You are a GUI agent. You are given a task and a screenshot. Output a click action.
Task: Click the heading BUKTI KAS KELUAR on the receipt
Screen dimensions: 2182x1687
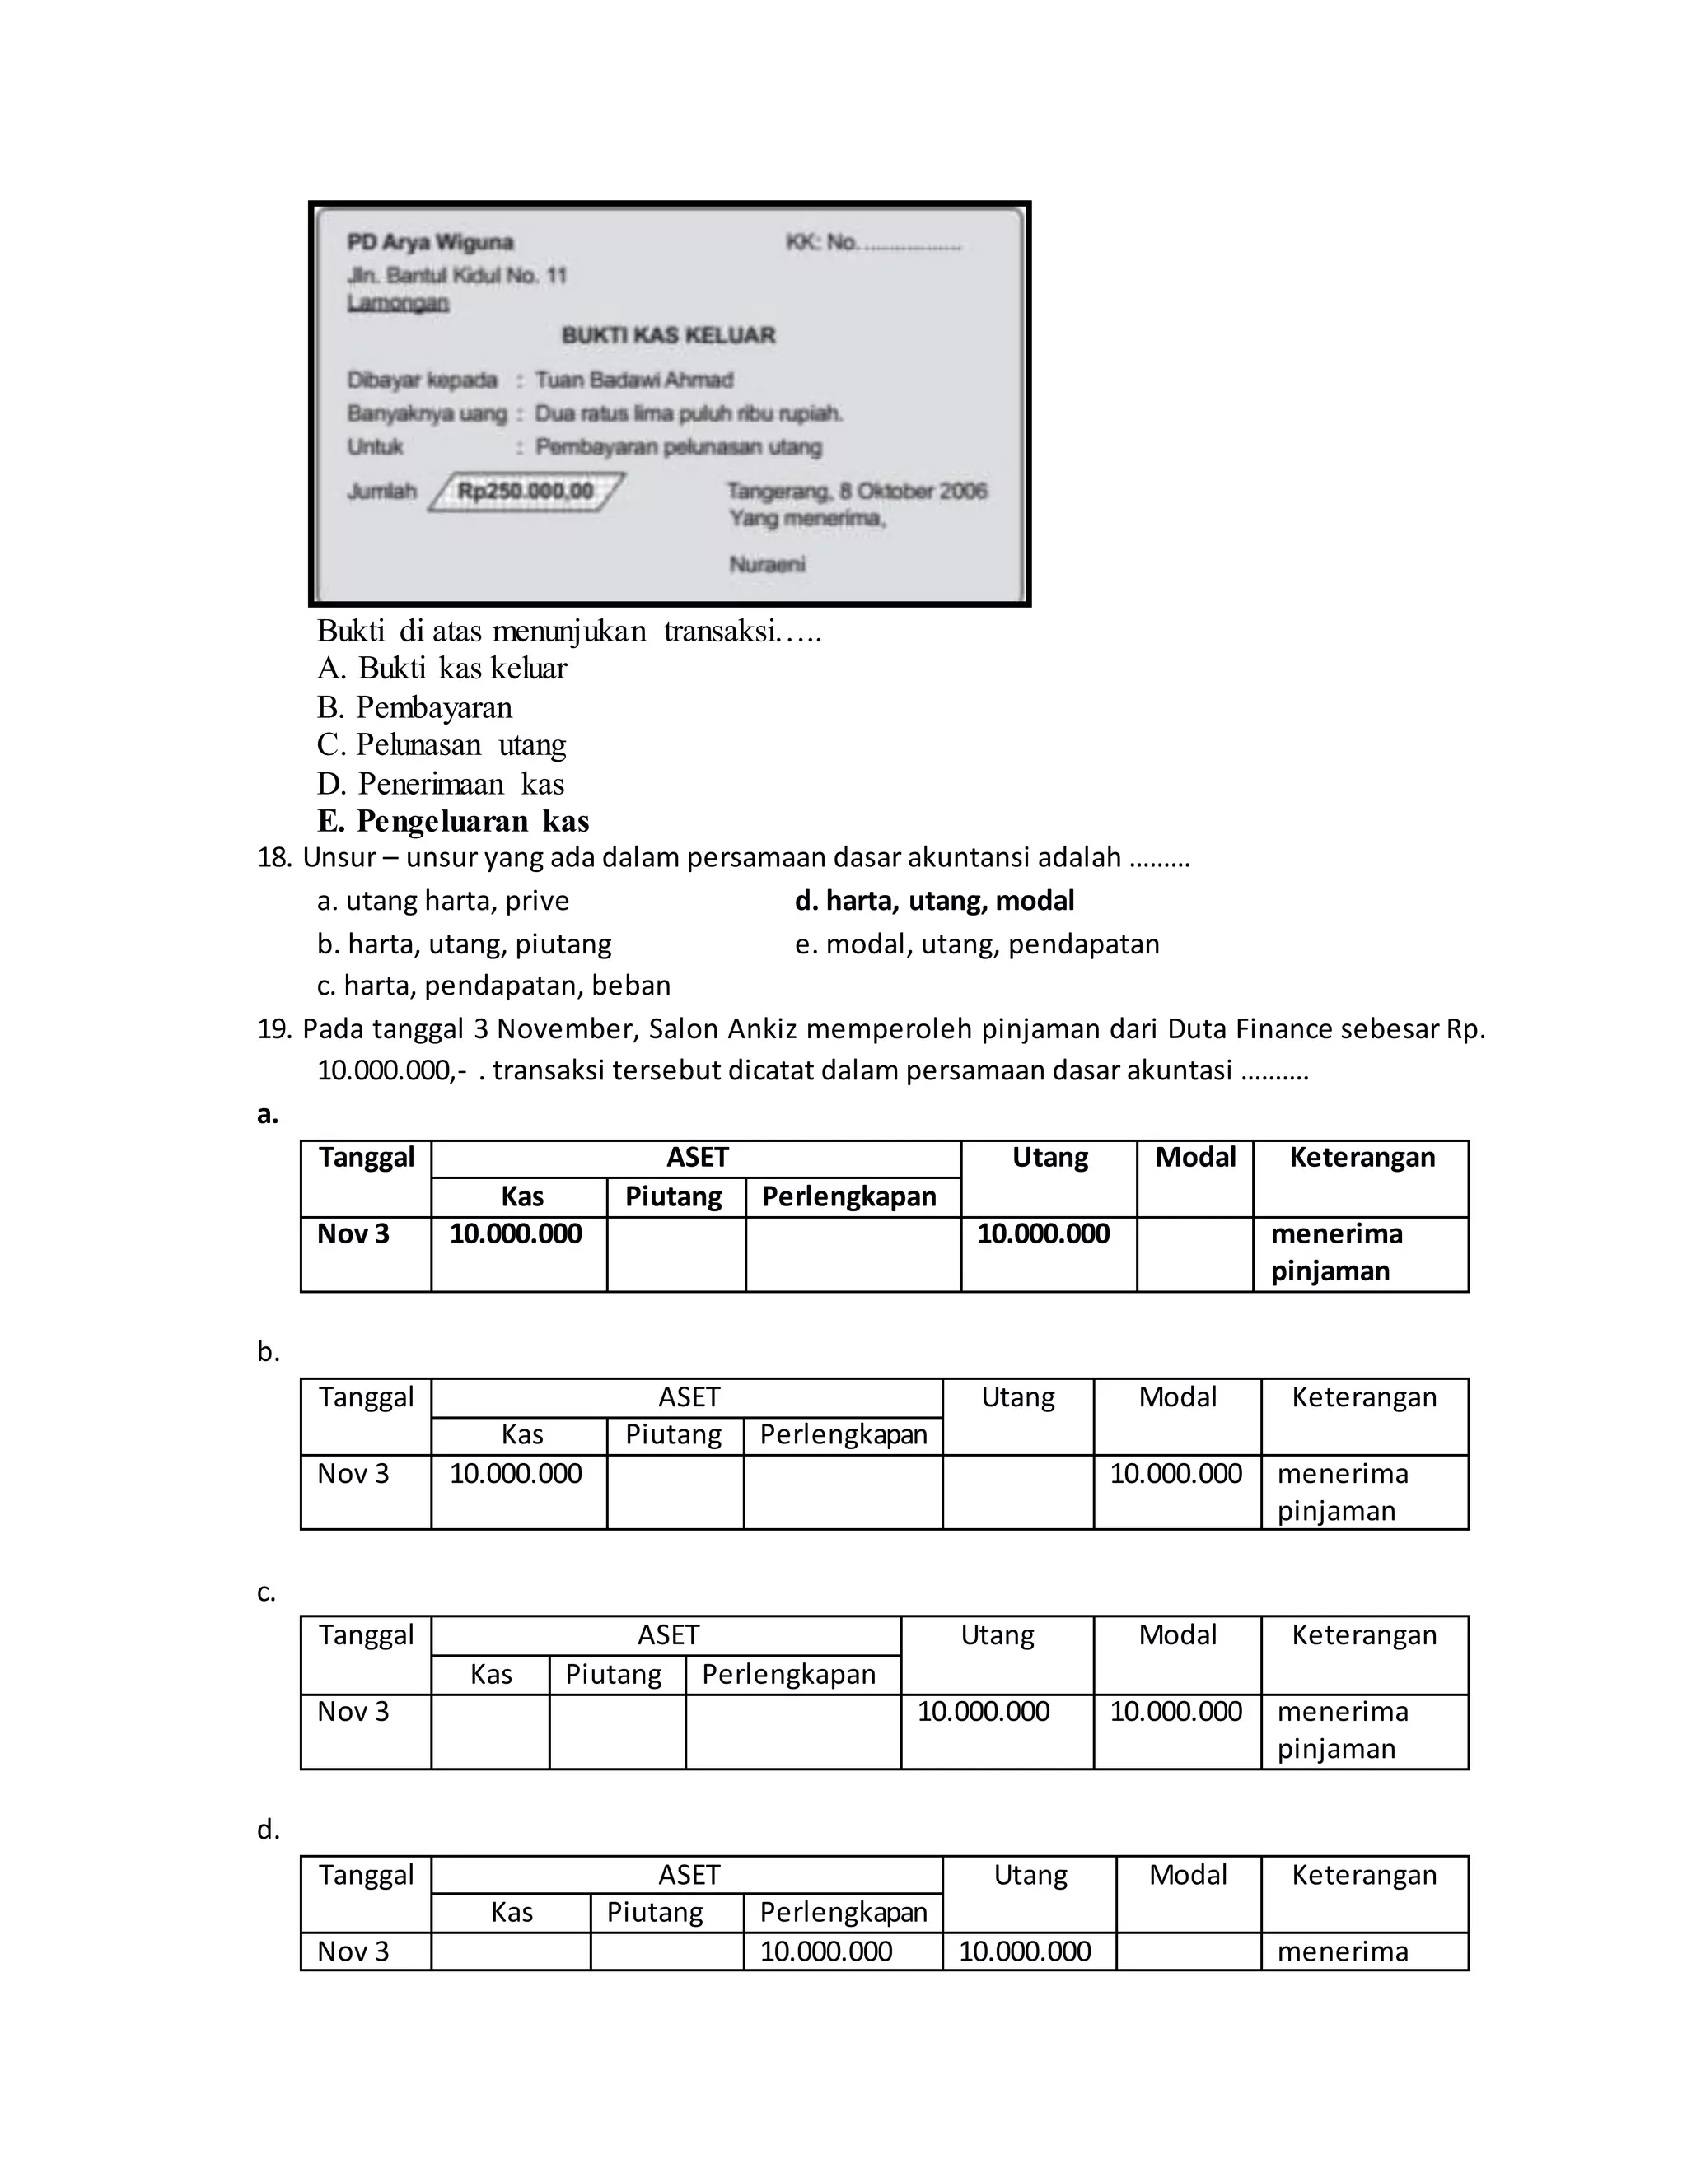coord(667,334)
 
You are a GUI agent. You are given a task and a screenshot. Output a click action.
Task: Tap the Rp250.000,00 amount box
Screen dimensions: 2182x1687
coord(526,491)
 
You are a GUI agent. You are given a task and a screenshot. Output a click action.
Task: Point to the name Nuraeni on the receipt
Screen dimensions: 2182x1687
coord(767,565)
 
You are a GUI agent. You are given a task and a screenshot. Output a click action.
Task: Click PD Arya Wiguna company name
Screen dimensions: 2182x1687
coord(430,242)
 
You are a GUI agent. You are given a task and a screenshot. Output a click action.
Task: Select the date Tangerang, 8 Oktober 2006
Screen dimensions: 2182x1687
coord(857,491)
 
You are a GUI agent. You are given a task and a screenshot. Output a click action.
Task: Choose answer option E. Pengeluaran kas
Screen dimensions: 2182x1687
coord(453,821)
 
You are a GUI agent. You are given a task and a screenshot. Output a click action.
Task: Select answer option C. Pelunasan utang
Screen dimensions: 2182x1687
coord(442,744)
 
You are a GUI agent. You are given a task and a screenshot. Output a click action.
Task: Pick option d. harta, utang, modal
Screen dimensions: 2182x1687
coord(933,900)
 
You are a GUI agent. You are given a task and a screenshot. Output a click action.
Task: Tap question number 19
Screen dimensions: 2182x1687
coord(273,1029)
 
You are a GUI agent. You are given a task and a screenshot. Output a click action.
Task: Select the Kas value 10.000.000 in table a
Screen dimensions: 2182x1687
coord(515,1234)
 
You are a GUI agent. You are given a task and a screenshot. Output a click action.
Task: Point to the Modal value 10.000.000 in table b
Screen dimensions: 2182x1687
coord(1175,1474)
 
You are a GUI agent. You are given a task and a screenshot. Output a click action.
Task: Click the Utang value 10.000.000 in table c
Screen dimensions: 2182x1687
coord(983,1712)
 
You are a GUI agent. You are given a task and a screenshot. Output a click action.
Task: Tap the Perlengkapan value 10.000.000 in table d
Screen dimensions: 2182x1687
coord(825,1951)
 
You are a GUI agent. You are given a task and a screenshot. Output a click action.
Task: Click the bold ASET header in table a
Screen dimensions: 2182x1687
coord(697,1157)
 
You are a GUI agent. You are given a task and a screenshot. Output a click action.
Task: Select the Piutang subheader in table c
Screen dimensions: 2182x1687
coord(613,1675)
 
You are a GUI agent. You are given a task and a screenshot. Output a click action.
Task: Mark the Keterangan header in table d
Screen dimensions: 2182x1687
coord(1363,1875)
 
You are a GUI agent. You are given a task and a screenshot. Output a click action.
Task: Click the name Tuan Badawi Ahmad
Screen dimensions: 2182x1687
coord(633,380)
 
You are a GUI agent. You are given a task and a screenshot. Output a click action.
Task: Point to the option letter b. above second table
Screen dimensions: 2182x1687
coord(268,1352)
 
